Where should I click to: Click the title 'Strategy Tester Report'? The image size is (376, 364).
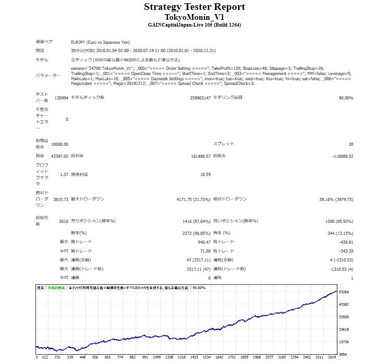coord(194,7)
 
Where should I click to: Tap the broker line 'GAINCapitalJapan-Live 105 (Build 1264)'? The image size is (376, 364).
coord(194,24)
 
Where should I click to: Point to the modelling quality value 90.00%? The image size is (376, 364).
coord(346,98)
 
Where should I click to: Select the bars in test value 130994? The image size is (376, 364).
coord(61,98)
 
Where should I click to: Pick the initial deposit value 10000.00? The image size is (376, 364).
coord(60,144)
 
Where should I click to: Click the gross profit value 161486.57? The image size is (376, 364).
coord(201,156)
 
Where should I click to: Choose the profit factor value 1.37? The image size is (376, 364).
coord(65,174)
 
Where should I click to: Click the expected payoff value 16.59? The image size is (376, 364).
coord(205,174)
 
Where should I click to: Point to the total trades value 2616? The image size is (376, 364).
coord(64,221)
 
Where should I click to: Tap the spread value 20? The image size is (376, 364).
coord(350,144)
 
